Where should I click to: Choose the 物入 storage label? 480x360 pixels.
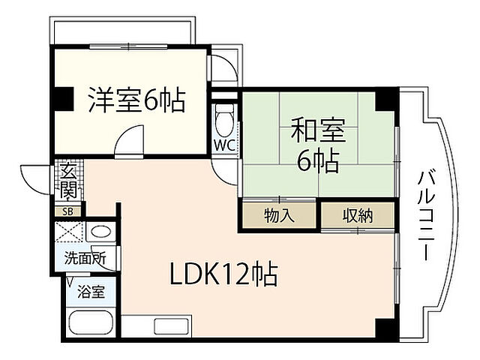(x=279, y=216)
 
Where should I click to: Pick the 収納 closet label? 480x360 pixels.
(x=358, y=216)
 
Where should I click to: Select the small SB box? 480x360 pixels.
(x=67, y=211)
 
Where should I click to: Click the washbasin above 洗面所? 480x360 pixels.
(x=101, y=232)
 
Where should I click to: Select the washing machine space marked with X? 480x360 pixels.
(x=71, y=234)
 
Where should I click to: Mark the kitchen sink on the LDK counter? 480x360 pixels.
(x=164, y=326)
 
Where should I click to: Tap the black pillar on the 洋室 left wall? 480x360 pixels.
(x=62, y=97)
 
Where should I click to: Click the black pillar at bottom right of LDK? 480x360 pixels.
(x=384, y=327)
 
